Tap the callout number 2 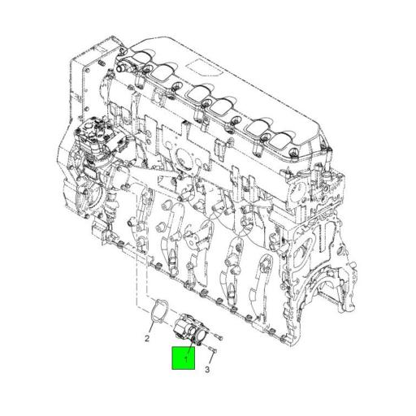coord(148,339)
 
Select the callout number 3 coord(206,369)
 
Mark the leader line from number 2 coord(150,326)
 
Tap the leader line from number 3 coord(209,358)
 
